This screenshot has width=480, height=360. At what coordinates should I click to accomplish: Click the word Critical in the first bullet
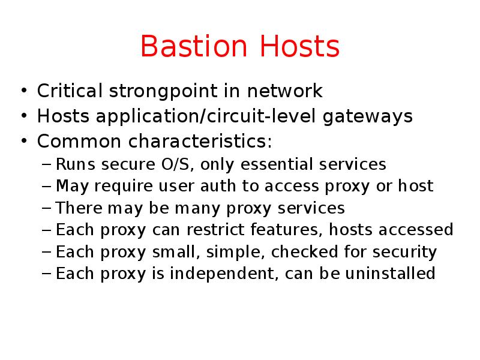[x=70, y=92]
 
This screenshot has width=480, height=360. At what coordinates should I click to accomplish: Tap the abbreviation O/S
[x=175, y=164]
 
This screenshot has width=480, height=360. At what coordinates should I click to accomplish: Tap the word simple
[x=229, y=252]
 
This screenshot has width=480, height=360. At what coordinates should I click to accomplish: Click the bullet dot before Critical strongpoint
[x=23, y=92]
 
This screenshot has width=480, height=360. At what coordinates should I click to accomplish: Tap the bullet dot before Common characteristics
[x=23, y=142]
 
